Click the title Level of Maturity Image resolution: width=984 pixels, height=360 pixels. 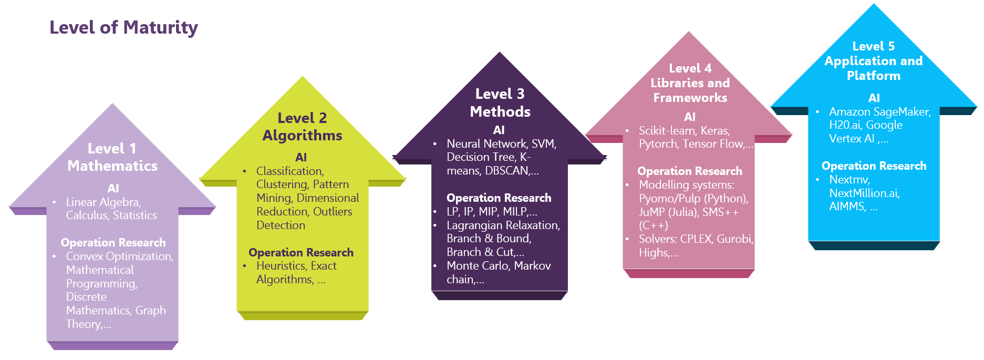tap(123, 27)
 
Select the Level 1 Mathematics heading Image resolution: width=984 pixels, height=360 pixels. tap(112, 157)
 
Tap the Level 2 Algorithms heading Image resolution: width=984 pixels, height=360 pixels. tap(302, 127)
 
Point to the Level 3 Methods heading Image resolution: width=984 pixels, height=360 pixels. tap(500, 102)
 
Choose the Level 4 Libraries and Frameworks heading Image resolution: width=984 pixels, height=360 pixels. tap(690, 83)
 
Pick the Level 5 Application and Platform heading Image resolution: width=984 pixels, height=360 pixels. tap(873, 61)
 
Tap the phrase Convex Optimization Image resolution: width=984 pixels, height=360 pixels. tap(119, 256)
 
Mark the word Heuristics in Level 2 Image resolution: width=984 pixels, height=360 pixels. tap(281, 266)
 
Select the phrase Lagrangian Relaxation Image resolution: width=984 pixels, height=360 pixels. tap(503, 225)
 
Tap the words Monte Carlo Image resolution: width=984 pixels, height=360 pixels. tap(478, 266)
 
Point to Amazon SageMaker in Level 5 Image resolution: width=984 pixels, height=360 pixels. tap(879, 112)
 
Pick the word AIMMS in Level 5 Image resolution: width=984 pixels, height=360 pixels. tap(847, 207)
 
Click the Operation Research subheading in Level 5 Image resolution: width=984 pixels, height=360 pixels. tap(874, 166)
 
